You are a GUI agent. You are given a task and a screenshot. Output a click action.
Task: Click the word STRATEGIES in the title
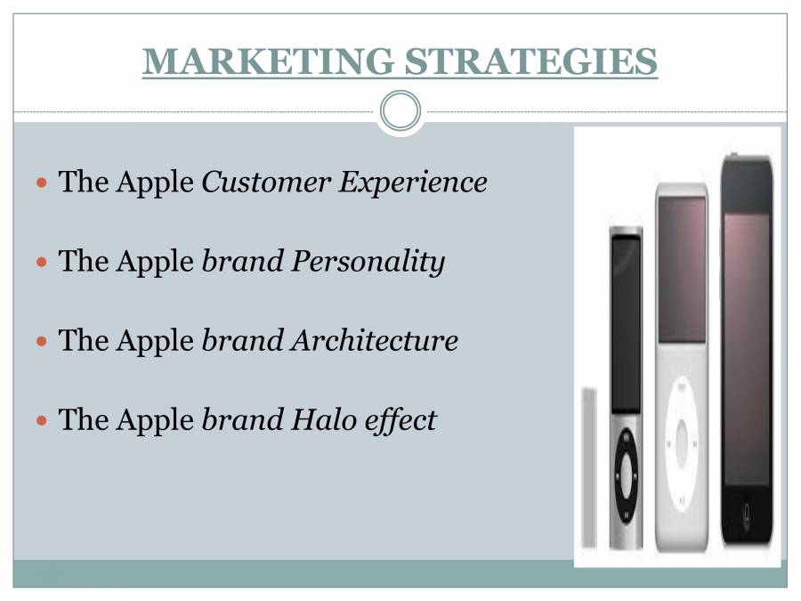click(530, 61)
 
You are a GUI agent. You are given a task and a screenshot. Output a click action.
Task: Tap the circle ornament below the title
click(400, 111)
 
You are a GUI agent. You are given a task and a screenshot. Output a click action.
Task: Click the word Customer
click(265, 183)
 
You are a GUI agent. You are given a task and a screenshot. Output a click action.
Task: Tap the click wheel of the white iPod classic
click(683, 435)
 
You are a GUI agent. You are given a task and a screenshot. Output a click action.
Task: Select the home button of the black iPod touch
click(747, 514)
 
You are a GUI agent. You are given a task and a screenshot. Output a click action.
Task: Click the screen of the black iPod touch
click(746, 347)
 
